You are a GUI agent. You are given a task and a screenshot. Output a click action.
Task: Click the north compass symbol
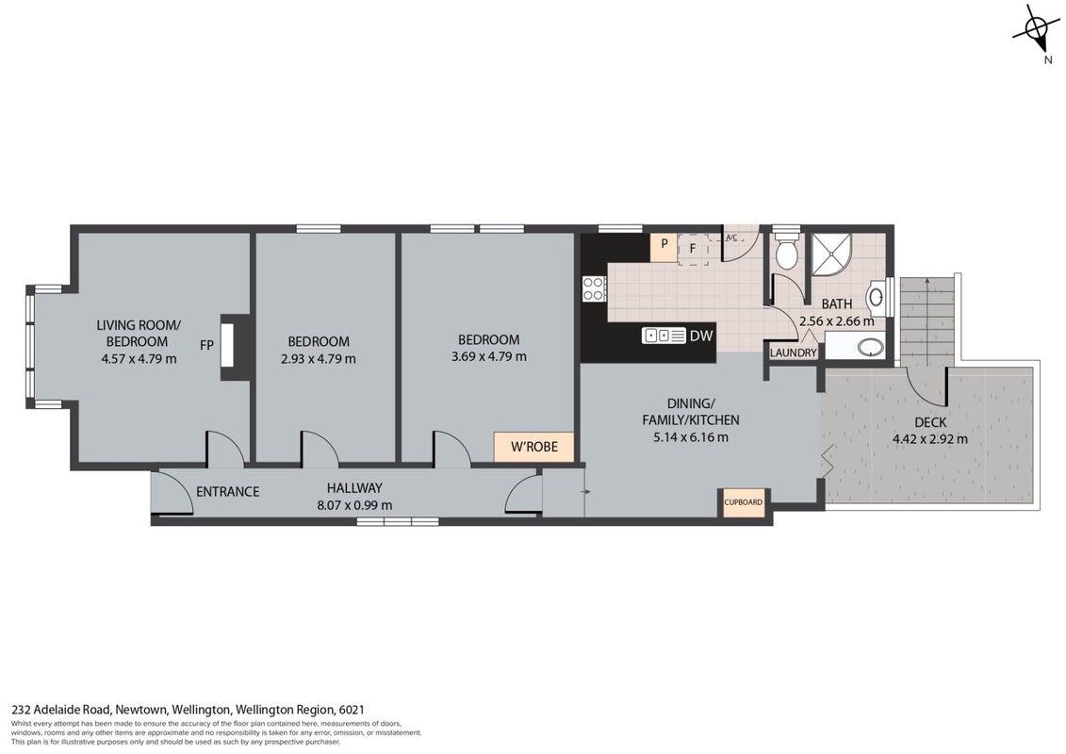click(x=1035, y=29)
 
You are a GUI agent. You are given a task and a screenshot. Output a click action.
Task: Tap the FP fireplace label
click(x=206, y=345)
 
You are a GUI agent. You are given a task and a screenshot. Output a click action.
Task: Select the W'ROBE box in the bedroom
click(x=534, y=447)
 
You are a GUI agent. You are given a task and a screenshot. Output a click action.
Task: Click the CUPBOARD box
click(x=743, y=502)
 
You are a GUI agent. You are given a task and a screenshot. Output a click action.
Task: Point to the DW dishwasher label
click(x=701, y=336)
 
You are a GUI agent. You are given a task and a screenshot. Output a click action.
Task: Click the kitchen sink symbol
click(x=664, y=336)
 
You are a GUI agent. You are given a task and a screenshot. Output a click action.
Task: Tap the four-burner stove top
click(x=594, y=288)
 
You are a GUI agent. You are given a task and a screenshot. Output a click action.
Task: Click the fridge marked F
click(x=693, y=249)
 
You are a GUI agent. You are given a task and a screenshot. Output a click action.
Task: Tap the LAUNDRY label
click(x=794, y=352)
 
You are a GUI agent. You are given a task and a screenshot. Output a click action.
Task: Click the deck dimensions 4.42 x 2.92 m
click(x=930, y=439)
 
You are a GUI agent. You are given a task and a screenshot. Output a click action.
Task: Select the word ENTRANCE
click(x=228, y=492)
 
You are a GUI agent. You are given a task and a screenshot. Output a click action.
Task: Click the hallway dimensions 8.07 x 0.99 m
click(x=355, y=505)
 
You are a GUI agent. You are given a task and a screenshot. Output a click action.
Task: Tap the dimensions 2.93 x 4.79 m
click(x=319, y=358)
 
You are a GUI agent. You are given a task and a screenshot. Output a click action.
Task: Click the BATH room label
click(x=837, y=303)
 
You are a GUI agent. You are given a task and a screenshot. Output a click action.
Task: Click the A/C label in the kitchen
click(x=731, y=238)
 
